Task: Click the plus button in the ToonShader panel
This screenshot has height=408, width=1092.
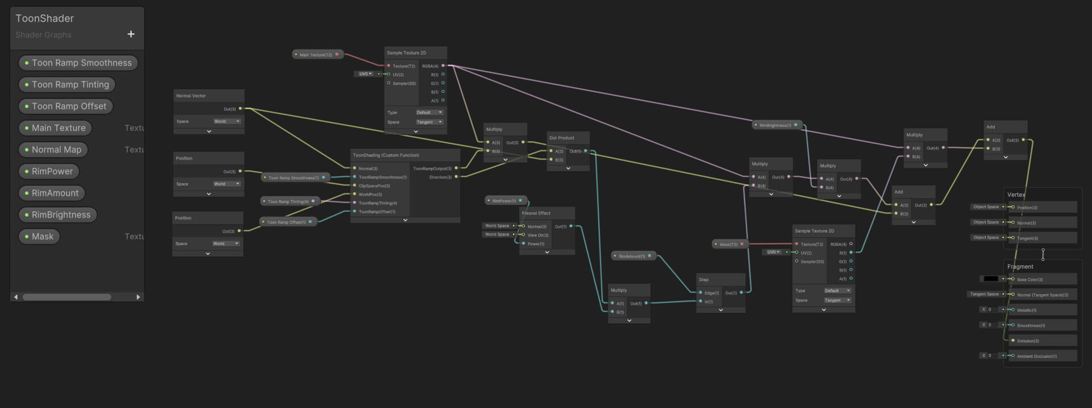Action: pyautogui.click(x=131, y=34)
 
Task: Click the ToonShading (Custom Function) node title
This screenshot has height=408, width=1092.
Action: pyautogui.click(x=386, y=155)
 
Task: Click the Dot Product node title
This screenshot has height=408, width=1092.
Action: pyautogui.click(x=561, y=138)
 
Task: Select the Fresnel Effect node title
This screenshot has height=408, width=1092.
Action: pyautogui.click(x=536, y=213)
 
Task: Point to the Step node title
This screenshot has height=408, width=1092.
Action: pyautogui.click(x=704, y=280)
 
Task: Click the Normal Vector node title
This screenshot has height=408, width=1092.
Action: pyautogui.click(x=191, y=96)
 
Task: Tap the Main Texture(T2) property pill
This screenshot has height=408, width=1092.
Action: pyautogui.click(x=316, y=55)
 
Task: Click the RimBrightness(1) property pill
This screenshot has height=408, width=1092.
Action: pyautogui.click(x=775, y=125)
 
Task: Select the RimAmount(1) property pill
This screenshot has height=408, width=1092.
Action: pyautogui.click(x=632, y=257)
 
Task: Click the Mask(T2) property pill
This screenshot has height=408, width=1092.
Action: pyautogui.click(x=729, y=245)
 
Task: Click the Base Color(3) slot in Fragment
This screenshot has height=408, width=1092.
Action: pyautogui.click(x=1029, y=280)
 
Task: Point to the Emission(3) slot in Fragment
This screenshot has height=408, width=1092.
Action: pyautogui.click(x=1028, y=341)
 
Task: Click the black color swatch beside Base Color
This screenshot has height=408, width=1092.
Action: pyautogui.click(x=990, y=279)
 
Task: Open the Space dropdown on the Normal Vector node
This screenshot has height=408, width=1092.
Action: pyautogui.click(x=227, y=121)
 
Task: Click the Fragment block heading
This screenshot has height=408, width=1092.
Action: pyautogui.click(x=1020, y=267)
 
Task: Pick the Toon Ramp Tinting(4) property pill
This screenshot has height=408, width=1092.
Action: pyautogui.click(x=288, y=201)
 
